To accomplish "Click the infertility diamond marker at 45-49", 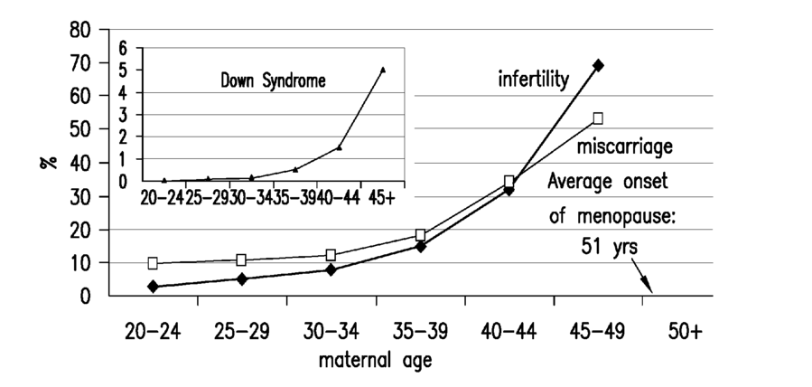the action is (x=598, y=65).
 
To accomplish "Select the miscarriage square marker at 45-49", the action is (x=598, y=118).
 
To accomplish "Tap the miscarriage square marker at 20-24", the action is (x=153, y=263).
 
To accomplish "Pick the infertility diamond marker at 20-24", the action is (x=153, y=287).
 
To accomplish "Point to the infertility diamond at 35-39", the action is (x=421, y=247).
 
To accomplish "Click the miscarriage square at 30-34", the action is (x=331, y=255).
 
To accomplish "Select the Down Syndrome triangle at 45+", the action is (x=383, y=70).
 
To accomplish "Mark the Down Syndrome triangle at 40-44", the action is (x=340, y=147).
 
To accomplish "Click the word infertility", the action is (x=534, y=80).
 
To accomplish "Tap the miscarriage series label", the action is (x=625, y=146).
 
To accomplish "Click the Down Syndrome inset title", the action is (x=273, y=80).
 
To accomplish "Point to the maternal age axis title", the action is (x=375, y=360).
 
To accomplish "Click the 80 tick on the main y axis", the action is (x=80, y=30).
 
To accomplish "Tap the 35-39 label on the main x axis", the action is (x=421, y=331).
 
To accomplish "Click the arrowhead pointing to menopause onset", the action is (x=648, y=286).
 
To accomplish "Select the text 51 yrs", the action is (x=609, y=247).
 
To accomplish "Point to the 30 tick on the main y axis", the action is (x=80, y=197).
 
